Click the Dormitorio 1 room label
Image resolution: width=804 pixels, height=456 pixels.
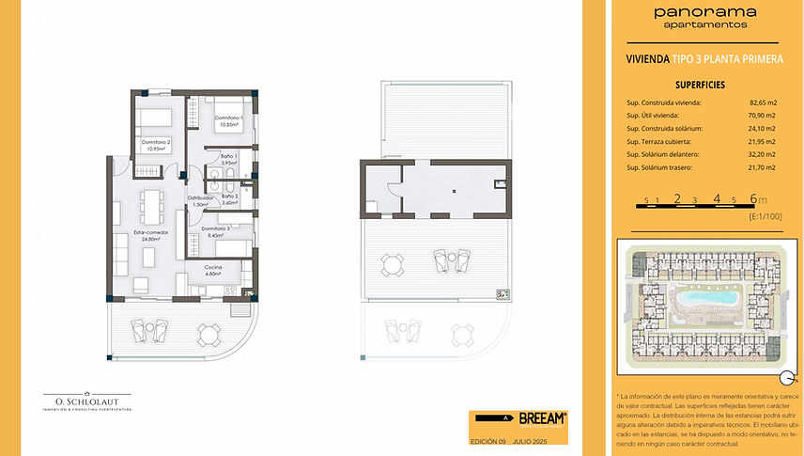230,121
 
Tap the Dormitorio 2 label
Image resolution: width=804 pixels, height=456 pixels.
156,143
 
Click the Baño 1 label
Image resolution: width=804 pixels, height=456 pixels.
229,159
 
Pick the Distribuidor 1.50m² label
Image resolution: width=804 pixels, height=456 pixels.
200,200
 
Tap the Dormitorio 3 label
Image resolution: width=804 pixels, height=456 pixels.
215,231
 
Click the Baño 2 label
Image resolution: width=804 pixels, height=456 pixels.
230,198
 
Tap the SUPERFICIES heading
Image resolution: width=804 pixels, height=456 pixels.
699,85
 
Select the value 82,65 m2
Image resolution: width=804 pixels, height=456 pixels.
763,102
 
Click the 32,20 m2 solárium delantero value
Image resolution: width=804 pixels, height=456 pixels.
763,154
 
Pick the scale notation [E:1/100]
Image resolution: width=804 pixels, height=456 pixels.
765,216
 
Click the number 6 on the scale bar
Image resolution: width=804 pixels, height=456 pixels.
753,199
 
